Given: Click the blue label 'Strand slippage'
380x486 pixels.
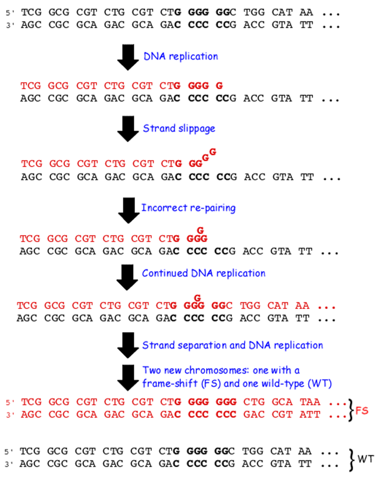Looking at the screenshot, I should point(179,128).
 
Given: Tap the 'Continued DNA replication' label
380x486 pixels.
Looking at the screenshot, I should point(203,273).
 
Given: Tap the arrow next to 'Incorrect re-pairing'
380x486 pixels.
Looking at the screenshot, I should point(128,209).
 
